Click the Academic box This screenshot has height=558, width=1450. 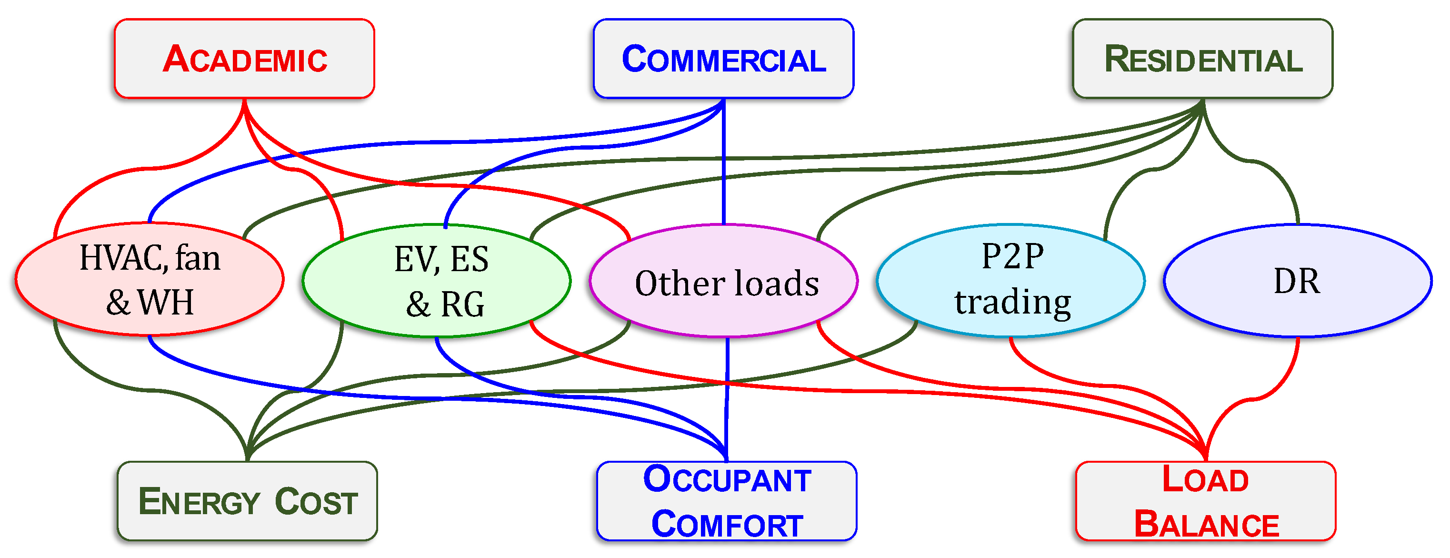click(x=244, y=59)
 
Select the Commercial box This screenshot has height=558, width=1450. click(x=723, y=59)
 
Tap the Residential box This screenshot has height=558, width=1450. click(x=1203, y=59)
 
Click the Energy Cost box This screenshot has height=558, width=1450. click(x=247, y=501)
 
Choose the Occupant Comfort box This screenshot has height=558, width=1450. click(x=727, y=501)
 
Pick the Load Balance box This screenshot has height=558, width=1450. click(x=1206, y=501)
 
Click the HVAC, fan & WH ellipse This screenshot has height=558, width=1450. click(x=149, y=280)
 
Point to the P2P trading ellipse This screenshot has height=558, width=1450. click(x=1011, y=280)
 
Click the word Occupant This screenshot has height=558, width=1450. click(x=727, y=480)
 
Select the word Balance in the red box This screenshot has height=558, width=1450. click(x=1206, y=524)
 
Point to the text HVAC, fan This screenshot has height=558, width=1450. click(x=150, y=258)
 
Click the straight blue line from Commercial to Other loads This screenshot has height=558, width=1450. click(x=723, y=169)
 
